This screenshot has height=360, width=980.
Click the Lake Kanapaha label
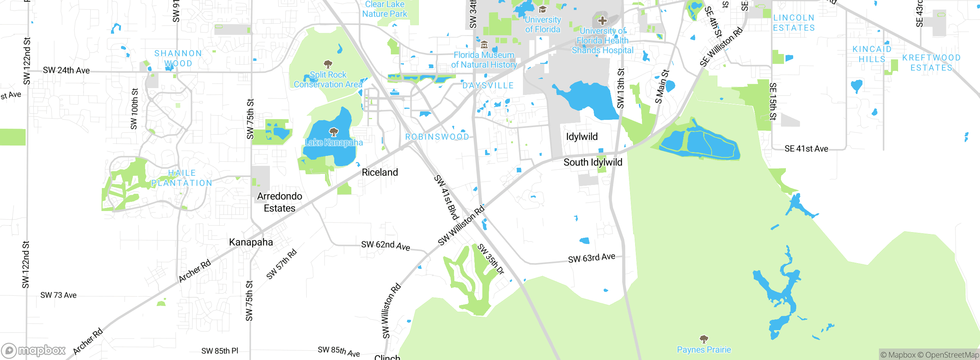click(334, 142)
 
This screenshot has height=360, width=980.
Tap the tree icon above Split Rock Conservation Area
click(328, 64)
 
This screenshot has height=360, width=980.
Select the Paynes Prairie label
click(704, 350)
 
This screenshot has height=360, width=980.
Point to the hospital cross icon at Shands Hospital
click(602, 20)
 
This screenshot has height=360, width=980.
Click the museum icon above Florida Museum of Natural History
click(484, 44)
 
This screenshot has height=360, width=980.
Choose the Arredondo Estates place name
click(279, 202)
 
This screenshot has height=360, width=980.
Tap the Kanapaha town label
click(251, 242)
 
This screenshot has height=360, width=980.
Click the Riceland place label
click(380, 172)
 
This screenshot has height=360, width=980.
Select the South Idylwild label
click(593, 162)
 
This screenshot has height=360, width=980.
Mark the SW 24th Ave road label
click(66, 70)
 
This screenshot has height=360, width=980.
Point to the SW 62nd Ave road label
click(385, 245)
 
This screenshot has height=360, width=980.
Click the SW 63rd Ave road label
click(591, 258)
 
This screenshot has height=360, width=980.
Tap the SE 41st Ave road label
click(806, 149)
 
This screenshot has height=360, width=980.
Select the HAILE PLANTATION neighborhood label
click(182, 178)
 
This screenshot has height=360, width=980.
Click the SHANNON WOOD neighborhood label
click(178, 58)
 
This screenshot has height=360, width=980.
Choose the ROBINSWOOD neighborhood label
click(437, 137)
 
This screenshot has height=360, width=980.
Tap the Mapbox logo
click(34, 350)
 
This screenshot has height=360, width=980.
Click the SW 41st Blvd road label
click(446, 198)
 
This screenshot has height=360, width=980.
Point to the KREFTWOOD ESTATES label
click(931, 62)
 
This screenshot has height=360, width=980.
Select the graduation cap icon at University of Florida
click(542, 10)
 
